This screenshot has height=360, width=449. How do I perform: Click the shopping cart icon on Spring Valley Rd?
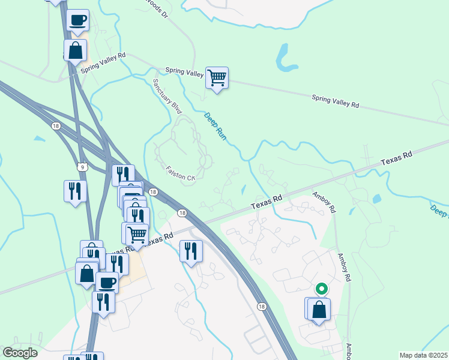pyautogui.click(x=217, y=78)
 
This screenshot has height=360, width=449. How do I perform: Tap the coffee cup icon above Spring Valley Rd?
pyautogui.click(x=78, y=21)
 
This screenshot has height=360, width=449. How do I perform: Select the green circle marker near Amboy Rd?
pyautogui.click(x=321, y=289)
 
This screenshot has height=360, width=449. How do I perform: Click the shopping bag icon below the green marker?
pyautogui.click(x=319, y=310)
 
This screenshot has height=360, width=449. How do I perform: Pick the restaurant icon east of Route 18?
pyautogui.click(x=191, y=251)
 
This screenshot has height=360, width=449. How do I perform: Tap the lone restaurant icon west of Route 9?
pyautogui.click(x=75, y=191)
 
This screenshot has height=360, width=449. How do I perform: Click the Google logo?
pyautogui.click(x=20, y=353)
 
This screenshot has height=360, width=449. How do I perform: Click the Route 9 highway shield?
pyautogui.click(x=82, y=166)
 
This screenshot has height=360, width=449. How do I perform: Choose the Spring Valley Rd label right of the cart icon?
pyautogui.click(x=335, y=101)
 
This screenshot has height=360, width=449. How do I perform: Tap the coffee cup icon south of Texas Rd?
pyautogui.click(x=107, y=282)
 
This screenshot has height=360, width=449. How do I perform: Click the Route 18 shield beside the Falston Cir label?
pyautogui.click(x=153, y=192)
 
